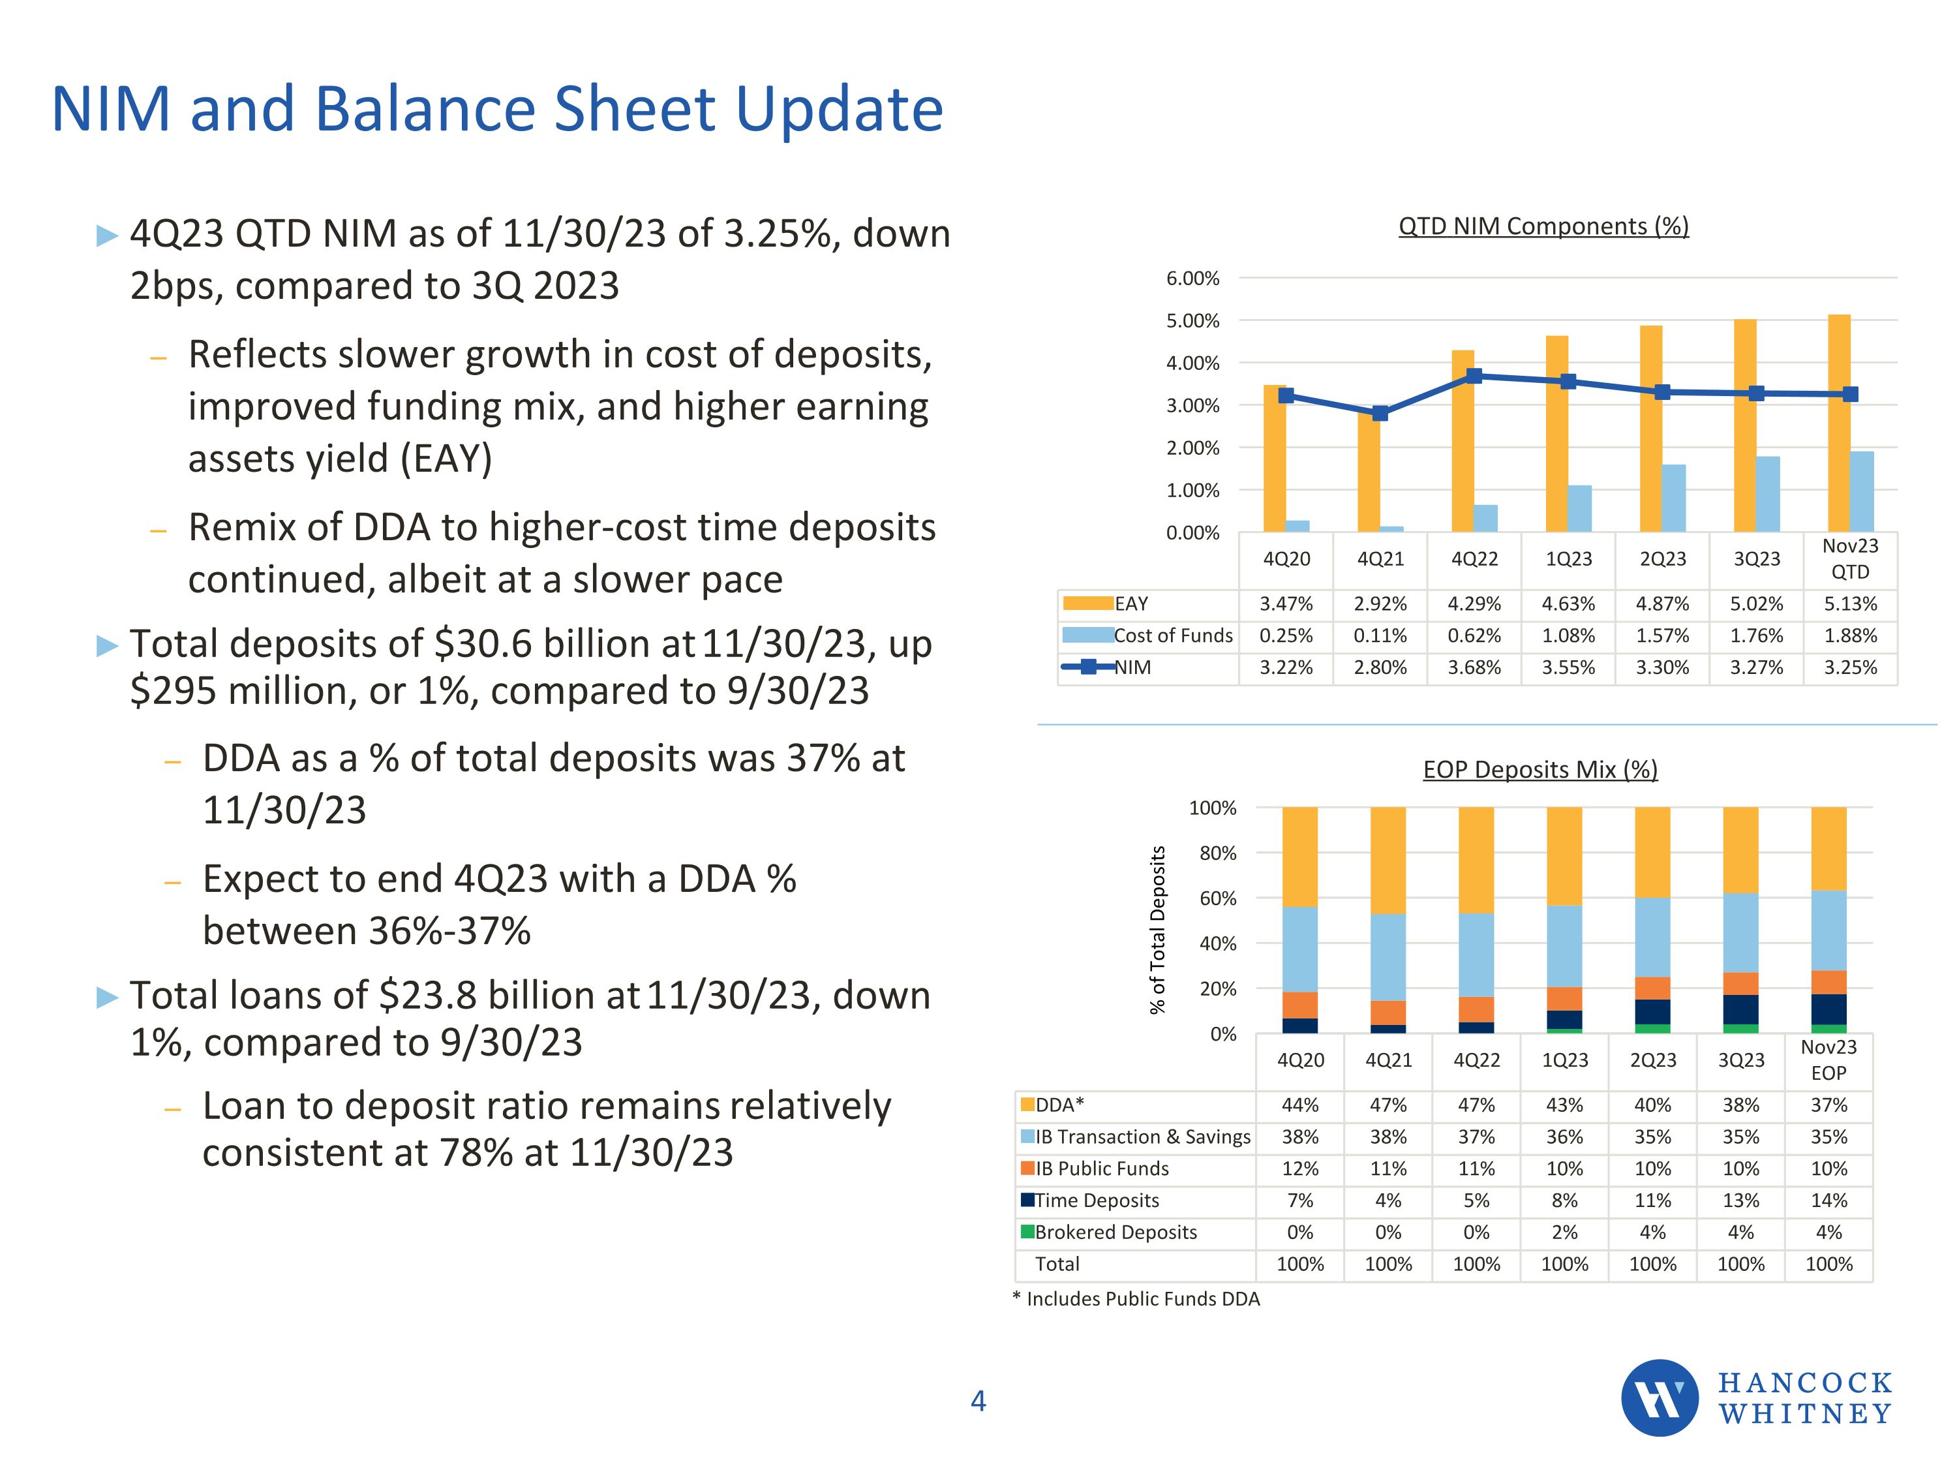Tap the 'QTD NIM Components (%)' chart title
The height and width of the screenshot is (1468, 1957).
coord(1543,226)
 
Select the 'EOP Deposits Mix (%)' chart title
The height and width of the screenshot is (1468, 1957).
coord(1540,770)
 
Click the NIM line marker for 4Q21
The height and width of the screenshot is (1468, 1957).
coord(1380,413)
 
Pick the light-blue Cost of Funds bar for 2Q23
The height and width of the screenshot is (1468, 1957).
coord(1674,498)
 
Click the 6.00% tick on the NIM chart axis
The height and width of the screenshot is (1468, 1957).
coord(1192,279)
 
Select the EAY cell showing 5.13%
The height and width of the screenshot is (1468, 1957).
coord(1850,604)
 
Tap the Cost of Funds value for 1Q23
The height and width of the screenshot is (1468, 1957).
coord(1568,636)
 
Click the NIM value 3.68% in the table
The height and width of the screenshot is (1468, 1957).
coord(1474,668)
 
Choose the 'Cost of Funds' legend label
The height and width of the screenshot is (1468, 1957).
coord(1172,636)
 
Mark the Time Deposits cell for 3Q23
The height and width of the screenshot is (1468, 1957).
coord(1740,1200)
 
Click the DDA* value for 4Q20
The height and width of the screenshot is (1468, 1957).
coord(1299,1105)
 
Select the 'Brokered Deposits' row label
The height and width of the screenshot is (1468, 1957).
coord(1115,1232)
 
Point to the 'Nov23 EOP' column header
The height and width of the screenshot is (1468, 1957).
coord(1828,1060)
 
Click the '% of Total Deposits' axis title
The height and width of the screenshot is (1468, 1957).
coord(1157,930)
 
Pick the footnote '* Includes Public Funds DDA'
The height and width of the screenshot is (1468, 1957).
coord(1136,1299)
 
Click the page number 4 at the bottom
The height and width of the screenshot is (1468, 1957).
coord(978,1401)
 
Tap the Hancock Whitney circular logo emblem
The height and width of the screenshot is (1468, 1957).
coord(1659,1398)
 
